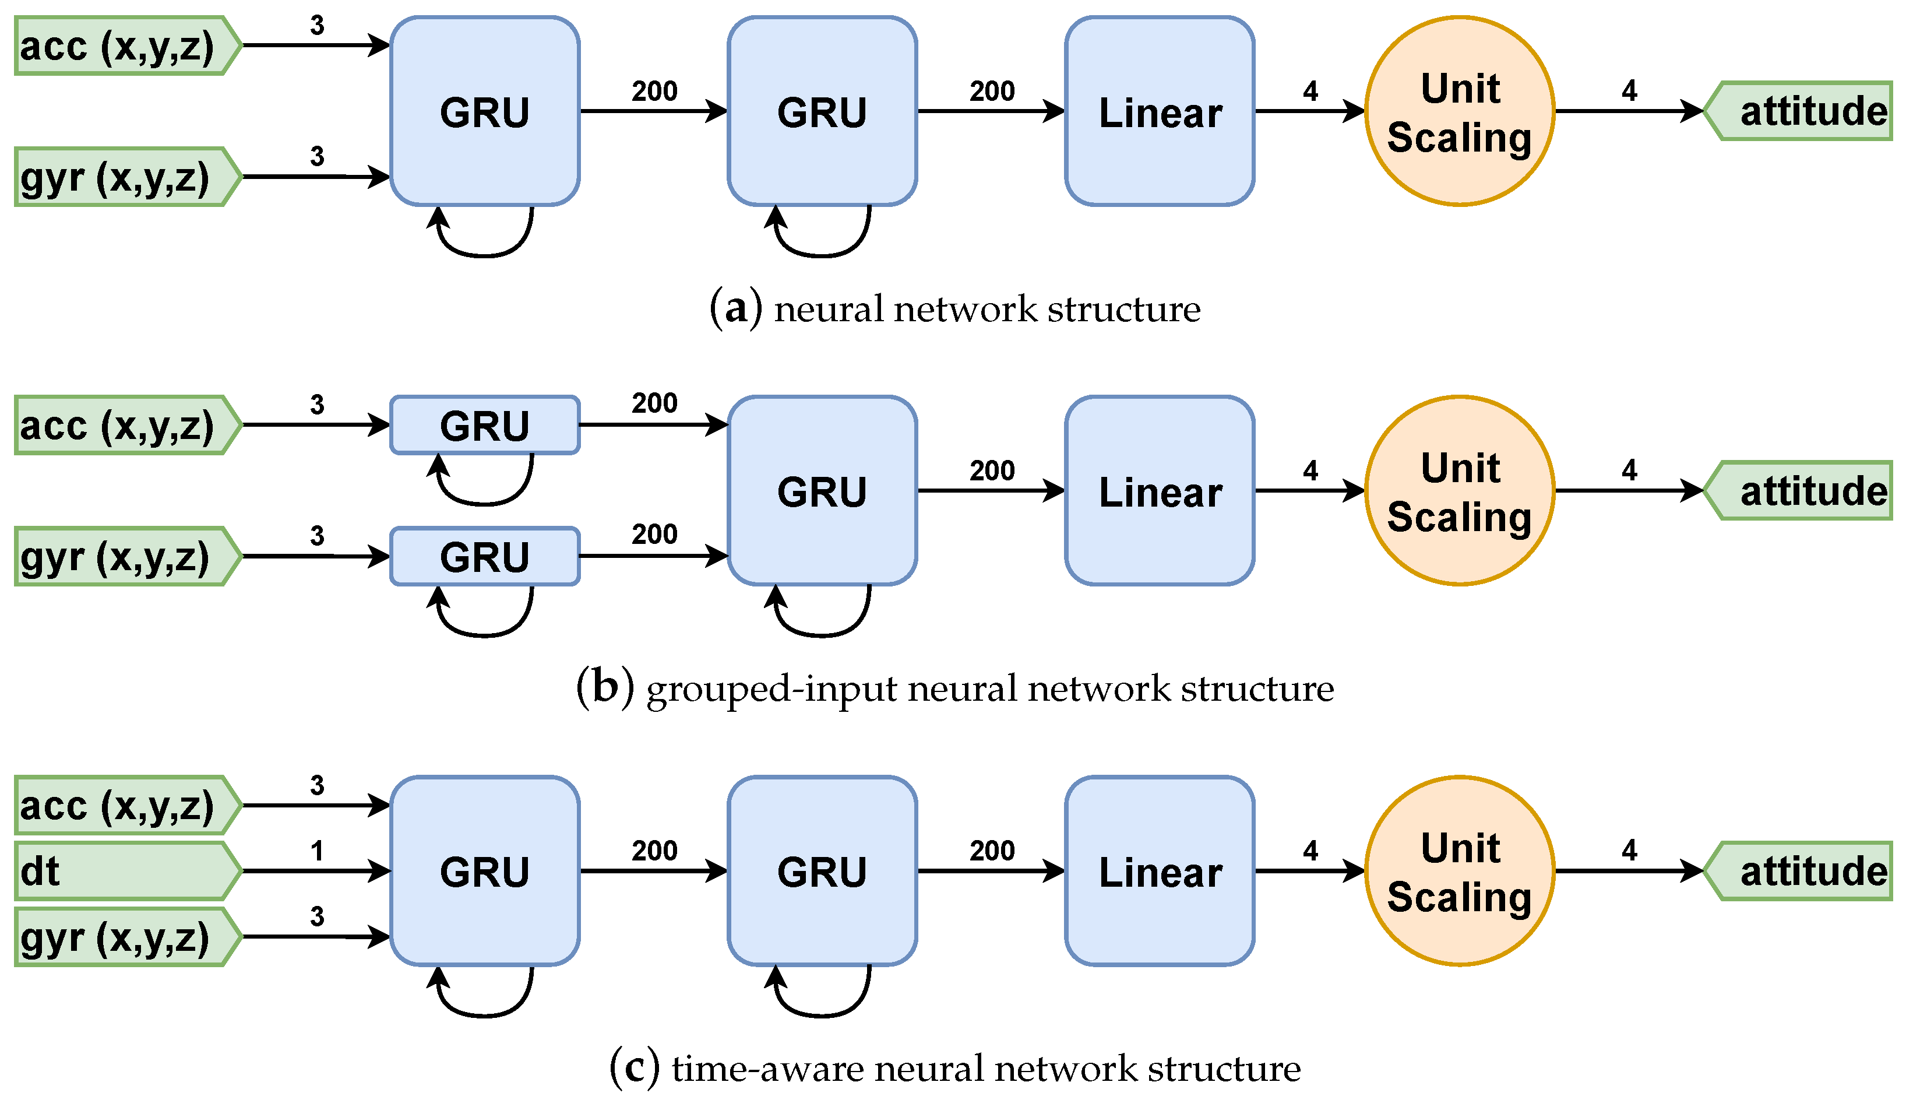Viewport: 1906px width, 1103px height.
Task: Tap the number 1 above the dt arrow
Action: [317, 851]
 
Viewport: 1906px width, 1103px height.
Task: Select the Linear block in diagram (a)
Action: [1160, 111]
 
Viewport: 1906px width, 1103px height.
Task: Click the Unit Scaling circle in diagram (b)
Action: [1460, 491]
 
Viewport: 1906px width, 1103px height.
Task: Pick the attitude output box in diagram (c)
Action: [1804, 871]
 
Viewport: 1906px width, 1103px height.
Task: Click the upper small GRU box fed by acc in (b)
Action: [485, 425]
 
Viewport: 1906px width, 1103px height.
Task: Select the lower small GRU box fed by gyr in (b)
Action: [485, 557]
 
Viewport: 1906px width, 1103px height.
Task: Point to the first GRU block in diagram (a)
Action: [485, 111]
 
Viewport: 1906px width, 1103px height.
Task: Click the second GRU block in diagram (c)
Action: [822, 871]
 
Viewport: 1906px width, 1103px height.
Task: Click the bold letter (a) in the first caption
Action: [735, 308]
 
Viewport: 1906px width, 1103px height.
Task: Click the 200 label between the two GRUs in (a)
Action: [654, 92]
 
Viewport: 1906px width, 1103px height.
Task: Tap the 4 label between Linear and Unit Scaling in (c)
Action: [1310, 851]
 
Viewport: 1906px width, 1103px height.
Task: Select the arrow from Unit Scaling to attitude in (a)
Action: [1626, 111]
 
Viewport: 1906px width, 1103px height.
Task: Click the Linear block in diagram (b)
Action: [1160, 491]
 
